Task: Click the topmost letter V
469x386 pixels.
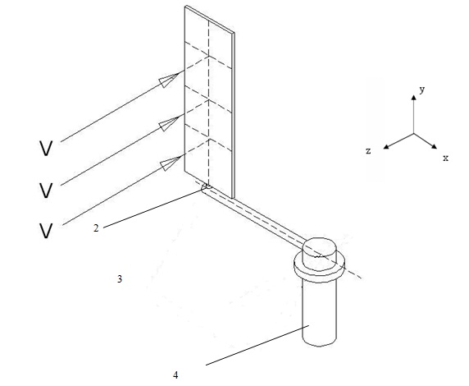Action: pyautogui.click(x=46, y=149)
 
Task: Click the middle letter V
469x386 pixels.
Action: pyautogui.click(x=46, y=191)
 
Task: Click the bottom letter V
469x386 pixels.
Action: pyautogui.click(x=46, y=231)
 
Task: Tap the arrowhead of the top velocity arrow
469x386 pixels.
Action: pyautogui.click(x=169, y=80)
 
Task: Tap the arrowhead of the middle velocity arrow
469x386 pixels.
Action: pyautogui.click(x=169, y=123)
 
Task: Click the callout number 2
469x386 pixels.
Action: pyautogui.click(x=96, y=228)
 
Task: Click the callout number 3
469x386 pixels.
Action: pyautogui.click(x=120, y=279)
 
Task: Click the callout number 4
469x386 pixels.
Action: pyautogui.click(x=175, y=375)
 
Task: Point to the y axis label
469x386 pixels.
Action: pyautogui.click(x=422, y=90)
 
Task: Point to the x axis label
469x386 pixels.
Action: pyautogui.click(x=446, y=158)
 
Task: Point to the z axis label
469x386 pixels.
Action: pyautogui.click(x=368, y=151)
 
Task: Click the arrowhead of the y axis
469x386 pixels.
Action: pyautogui.click(x=414, y=98)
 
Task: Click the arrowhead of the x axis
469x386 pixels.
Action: pyautogui.click(x=434, y=146)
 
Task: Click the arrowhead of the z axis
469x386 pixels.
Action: pyautogui.click(x=386, y=146)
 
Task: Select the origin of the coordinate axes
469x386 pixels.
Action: pyautogui.click(x=414, y=133)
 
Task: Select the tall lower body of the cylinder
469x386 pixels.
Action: pyautogui.click(x=320, y=312)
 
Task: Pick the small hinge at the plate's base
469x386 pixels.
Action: pyautogui.click(x=207, y=187)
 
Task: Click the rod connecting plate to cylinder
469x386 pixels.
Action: pyautogui.click(x=254, y=216)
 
